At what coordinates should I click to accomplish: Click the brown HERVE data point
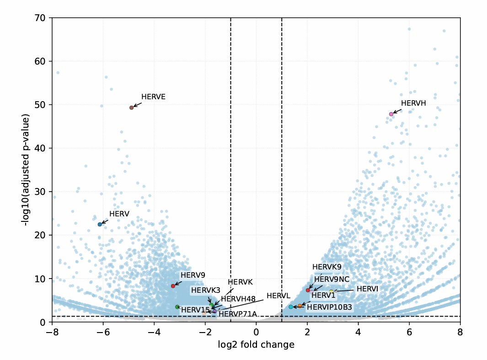tap(131, 107)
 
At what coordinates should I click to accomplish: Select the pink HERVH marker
tap(391, 114)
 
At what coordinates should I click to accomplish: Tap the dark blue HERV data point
tap(100, 224)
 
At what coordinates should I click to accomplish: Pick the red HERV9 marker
tap(173, 286)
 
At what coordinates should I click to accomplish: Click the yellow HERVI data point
tap(332, 291)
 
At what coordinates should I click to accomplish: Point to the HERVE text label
tap(153, 97)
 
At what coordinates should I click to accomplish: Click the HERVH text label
tap(413, 103)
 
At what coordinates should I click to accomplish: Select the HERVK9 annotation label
tap(327, 267)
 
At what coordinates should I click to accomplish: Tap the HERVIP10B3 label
tap(329, 307)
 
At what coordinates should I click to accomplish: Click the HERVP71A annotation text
tap(238, 314)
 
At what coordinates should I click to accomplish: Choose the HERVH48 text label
tap(238, 299)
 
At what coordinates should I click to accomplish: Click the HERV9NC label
tap(332, 279)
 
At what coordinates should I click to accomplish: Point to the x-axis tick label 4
tap(358, 331)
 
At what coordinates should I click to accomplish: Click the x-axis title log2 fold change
tap(256, 344)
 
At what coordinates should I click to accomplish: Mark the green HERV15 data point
tap(177, 307)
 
